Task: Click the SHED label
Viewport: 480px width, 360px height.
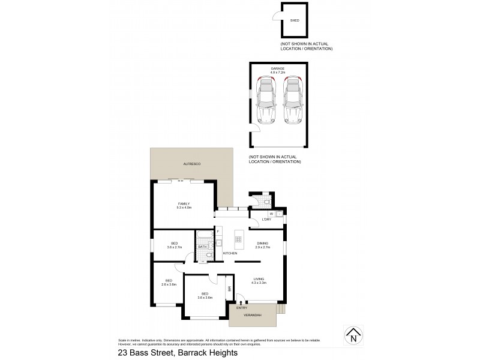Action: [x=294, y=20]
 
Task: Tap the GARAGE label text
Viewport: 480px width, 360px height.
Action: [x=277, y=69]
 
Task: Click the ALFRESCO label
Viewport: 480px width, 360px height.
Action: [x=191, y=164]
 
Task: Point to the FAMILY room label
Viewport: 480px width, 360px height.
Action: [x=184, y=203]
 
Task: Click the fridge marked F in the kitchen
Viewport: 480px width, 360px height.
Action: [x=218, y=232]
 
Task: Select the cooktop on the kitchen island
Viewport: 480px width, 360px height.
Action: [x=238, y=239]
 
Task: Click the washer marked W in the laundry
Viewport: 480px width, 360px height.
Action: [x=271, y=214]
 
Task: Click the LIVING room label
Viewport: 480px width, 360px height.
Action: [x=259, y=278]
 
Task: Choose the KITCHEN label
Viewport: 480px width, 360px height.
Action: [x=230, y=254]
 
